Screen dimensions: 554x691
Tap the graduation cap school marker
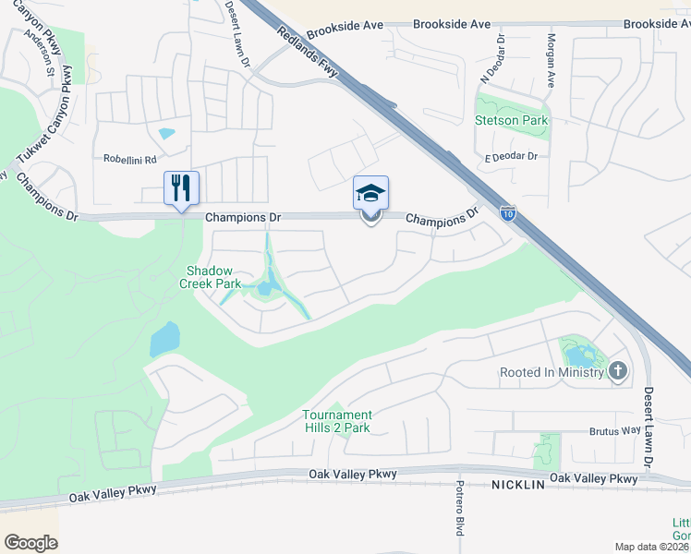[x=370, y=194]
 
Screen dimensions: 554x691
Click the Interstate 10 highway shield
[x=509, y=214]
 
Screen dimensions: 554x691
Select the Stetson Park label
[x=511, y=120]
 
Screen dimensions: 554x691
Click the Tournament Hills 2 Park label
[x=337, y=421]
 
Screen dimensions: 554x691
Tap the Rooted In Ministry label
[x=552, y=372]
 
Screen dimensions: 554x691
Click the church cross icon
[x=618, y=371]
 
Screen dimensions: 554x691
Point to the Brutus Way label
[x=615, y=431]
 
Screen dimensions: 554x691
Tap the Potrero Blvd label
[x=458, y=508]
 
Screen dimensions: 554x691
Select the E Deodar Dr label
[x=511, y=157]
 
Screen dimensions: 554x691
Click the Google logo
[x=31, y=543]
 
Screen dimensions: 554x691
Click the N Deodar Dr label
[x=501, y=57]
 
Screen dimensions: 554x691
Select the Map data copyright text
[x=652, y=547]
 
